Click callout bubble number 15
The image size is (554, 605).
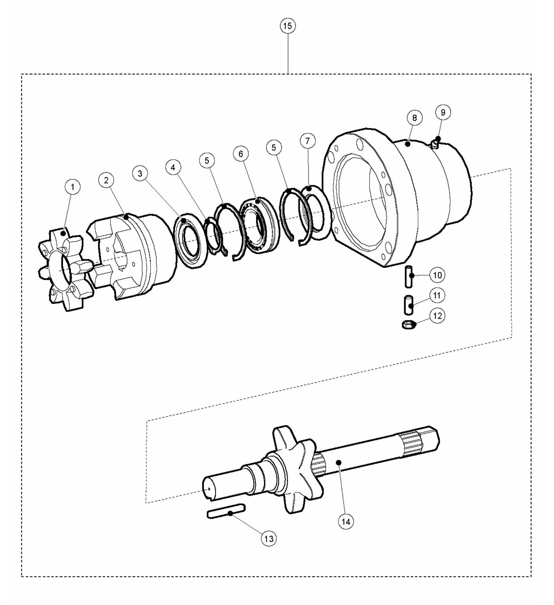click(288, 26)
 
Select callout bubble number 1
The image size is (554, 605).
click(72, 187)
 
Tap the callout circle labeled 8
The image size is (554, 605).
click(415, 118)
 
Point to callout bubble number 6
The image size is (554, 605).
click(241, 154)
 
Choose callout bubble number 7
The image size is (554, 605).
click(308, 141)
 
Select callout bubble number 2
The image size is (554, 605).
click(106, 180)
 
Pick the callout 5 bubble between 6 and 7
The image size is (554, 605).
click(274, 147)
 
